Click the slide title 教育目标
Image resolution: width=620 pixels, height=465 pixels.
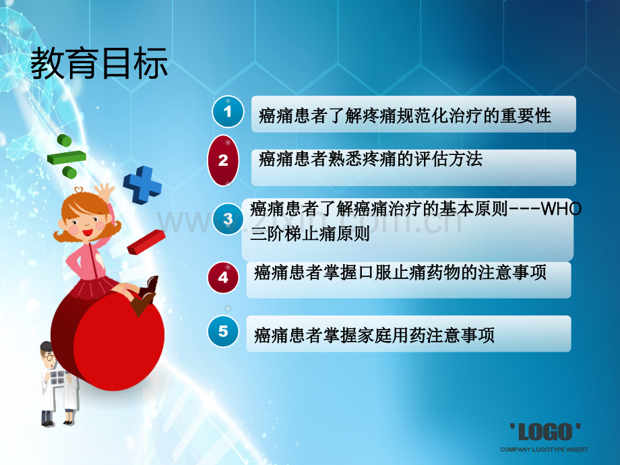coord(99,63)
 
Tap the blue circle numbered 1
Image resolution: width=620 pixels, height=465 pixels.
coord(228,111)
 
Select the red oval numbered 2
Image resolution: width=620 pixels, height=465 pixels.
coord(223,160)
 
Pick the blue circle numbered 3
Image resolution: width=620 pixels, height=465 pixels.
coord(227,218)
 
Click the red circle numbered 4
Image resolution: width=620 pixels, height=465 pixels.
coord(223,278)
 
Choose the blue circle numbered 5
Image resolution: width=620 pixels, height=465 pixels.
coord(223,332)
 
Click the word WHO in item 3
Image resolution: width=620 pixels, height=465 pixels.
coord(561,209)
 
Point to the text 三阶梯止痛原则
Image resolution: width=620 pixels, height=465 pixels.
coord(310,234)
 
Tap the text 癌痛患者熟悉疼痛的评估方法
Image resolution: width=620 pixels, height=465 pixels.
coord(371,159)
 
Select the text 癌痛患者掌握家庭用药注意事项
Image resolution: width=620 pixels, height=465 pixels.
coord(374,335)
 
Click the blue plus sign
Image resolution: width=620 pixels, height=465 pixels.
coord(142,185)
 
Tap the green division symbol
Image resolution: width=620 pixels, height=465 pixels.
coord(67,156)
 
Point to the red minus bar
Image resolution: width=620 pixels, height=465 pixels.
coord(146,242)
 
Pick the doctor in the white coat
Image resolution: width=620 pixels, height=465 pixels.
coord(58,383)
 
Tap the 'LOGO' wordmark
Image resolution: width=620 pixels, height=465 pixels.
coord(545,432)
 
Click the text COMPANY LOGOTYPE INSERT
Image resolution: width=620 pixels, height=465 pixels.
coord(544,449)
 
